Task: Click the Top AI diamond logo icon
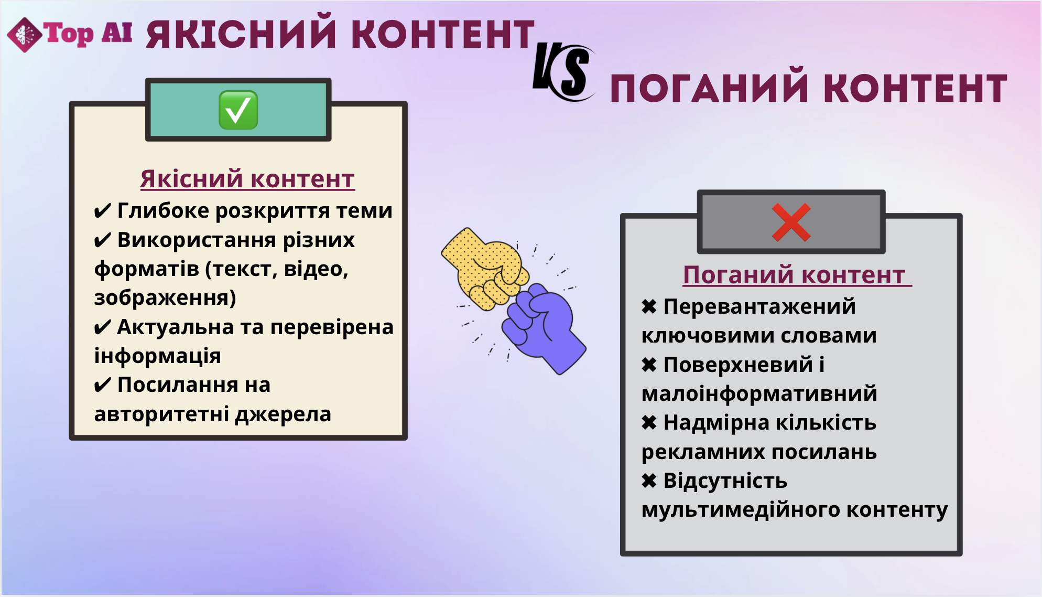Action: tap(24, 35)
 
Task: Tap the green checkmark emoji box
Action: tap(238, 110)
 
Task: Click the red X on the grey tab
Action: tap(791, 222)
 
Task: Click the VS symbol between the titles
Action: tap(563, 72)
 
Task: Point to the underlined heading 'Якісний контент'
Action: tap(247, 179)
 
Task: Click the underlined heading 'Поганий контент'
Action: tap(797, 275)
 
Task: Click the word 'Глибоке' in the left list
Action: tap(164, 211)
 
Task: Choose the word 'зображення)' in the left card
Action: tap(165, 298)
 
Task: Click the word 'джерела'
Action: tap(283, 414)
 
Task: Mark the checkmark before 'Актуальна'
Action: tap(102, 327)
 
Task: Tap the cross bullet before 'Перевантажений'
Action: tap(649, 307)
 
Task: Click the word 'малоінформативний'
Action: tap(759, 394)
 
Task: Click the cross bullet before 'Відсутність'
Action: tap(649, 481)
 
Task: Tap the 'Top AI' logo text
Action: tap(88, 34)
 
